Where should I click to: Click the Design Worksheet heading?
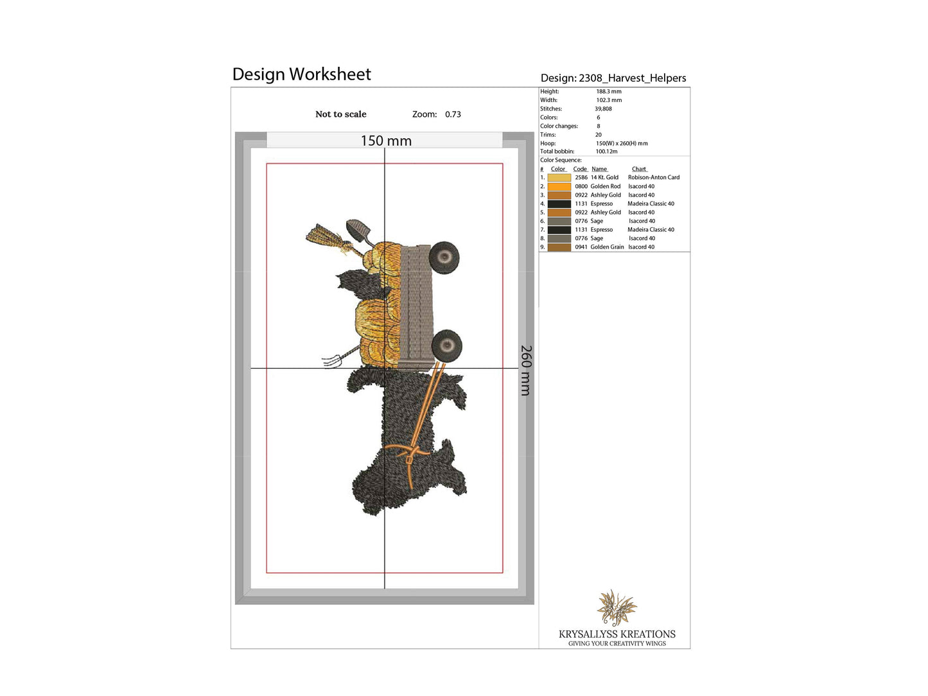pyautogui.click(x=301, y=74)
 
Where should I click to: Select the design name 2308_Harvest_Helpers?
pyautogui.click(x=632, y=78)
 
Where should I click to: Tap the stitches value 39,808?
pyautogui.click(x=603, y=109)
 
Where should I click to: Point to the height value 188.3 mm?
pyautogui.click(x=609, y=91)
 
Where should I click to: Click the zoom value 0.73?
pyautogui.click(x=453, y=114)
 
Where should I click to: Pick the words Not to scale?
pyautogui.click(x=341, y=114)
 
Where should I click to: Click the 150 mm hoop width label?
pyautogui.click(x=386, y=141)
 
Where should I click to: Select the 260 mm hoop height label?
pyautogui.click(x=525, y=370)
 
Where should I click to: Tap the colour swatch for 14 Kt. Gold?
pyautogui.click(x=559, y=177)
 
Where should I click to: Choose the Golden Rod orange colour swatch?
pyautogui.click(x=559, y=186)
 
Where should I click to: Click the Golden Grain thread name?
pyautogui.click(x=607, y=247)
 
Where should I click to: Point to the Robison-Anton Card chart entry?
pyautogui.click(x=654, y=177)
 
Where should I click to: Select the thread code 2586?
pyautogui.click(x=581, y=177)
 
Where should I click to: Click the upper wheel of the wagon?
pyautogui.click(x=444, y=257)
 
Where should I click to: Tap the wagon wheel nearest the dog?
pyautogui.click(x=446, y=346)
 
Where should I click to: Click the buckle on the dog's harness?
pyautogui.click(x=409, y=459)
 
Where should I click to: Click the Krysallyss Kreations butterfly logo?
pyautogui.click(x=617, y=608)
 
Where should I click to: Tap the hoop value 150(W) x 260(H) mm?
pyautogui.click(x=622, y=143)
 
